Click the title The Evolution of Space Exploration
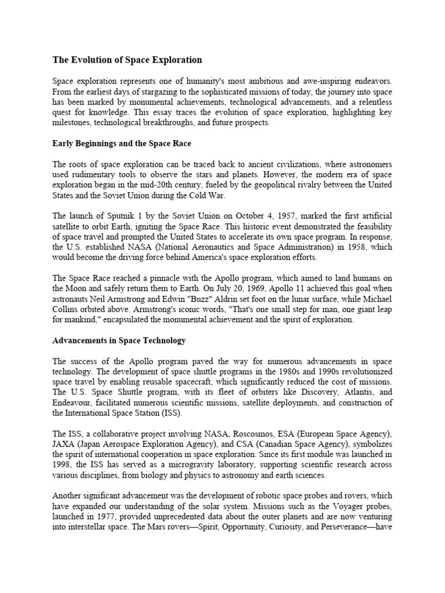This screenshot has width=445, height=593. pyautogui.click(x=127, y=60)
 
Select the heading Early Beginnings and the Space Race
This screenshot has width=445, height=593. pyautogui.click(x=122, y=142)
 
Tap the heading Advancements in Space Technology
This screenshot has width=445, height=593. pyautogui.click(x=119, y=341)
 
